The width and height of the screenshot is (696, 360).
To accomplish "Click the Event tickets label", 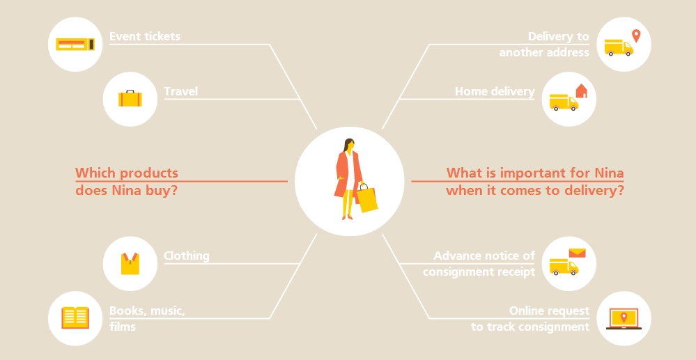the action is [145, 36].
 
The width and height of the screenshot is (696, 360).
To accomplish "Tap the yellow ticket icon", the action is [75, 44].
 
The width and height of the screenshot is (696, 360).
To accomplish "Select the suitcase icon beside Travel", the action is [130, 99].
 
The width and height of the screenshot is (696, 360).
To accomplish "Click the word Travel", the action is [180, 91].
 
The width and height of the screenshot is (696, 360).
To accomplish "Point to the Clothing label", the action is [187, 256].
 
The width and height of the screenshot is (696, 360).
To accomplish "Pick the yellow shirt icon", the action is [130, 264].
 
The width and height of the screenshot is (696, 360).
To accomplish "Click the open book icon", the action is [75, 318].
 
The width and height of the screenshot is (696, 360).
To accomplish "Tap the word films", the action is [122, 327].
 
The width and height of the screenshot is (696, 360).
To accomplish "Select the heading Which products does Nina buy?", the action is [127, 182].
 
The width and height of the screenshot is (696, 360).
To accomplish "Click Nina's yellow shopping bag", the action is [367, 199].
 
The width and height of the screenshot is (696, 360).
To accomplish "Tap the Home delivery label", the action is [495, 91].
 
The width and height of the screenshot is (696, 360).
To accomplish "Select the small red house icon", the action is [581, 91].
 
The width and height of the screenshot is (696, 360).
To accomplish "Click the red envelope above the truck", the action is [577, 253].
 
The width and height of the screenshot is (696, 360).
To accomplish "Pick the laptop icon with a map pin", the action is [624, 319].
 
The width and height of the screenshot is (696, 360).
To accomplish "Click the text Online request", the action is [549, 311].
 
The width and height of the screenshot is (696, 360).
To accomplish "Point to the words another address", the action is [544, 52].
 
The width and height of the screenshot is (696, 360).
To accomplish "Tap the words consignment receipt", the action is [479, 272].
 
